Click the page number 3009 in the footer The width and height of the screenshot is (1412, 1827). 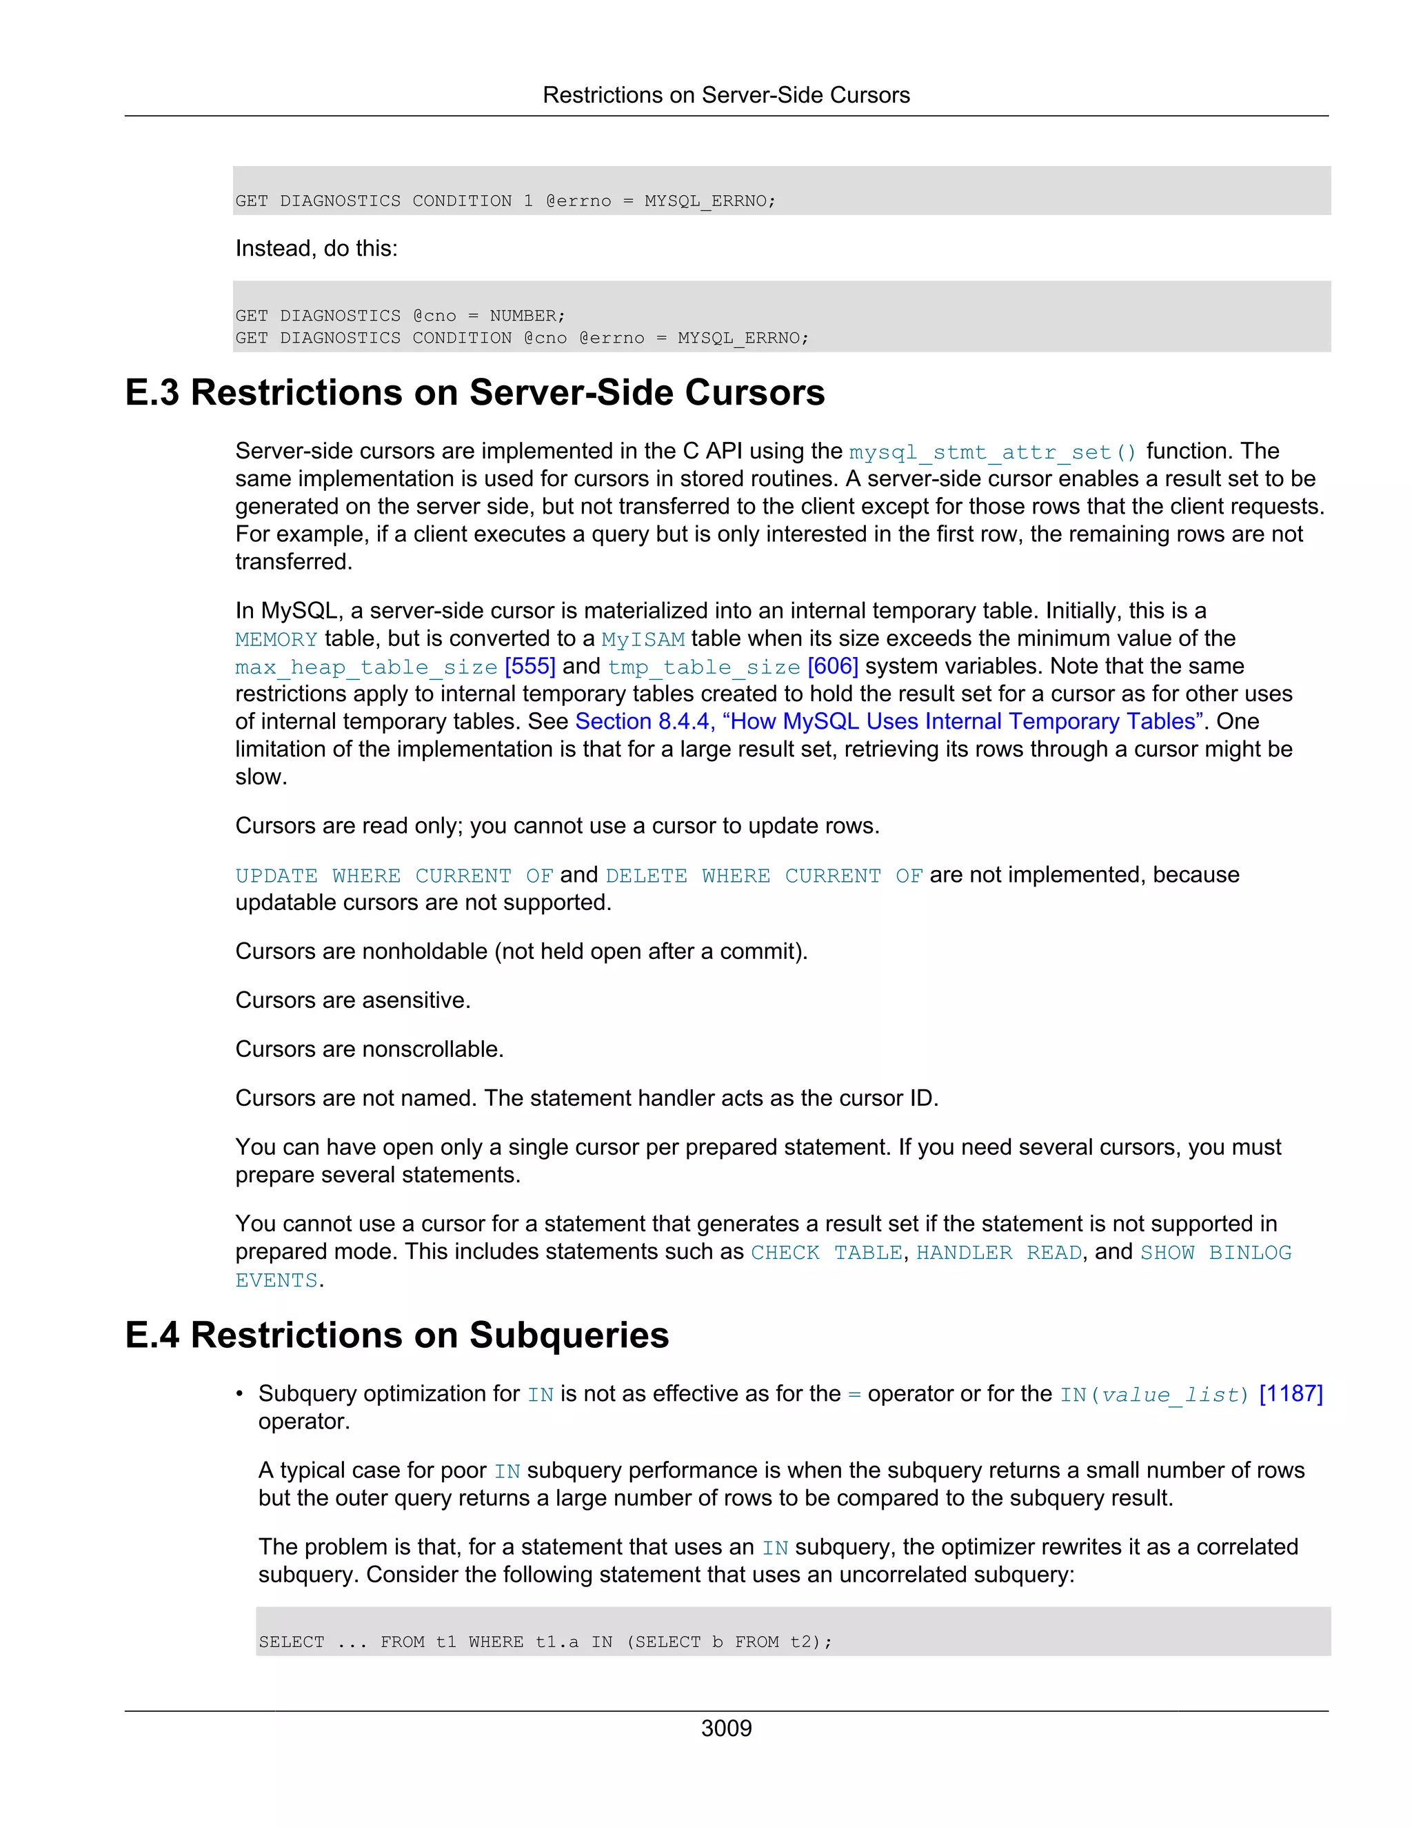click(725, 1728)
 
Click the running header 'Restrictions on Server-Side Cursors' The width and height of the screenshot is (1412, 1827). click(725, 95)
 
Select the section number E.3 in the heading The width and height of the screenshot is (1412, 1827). click(152, 392)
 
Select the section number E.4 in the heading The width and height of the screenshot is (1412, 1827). click(152, 1335)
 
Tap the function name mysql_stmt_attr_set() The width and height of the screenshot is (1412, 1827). click(992, 452)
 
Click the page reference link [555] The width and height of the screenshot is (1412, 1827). click(530, 667)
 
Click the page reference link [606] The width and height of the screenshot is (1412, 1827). click(832, 667)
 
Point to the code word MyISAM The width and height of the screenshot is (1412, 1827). click(643, 640)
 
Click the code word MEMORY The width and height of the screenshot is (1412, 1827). click(276, 640)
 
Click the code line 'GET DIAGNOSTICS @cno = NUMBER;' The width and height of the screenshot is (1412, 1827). click(400, 316)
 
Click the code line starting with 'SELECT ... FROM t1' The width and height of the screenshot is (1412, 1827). click(545, 1642)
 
